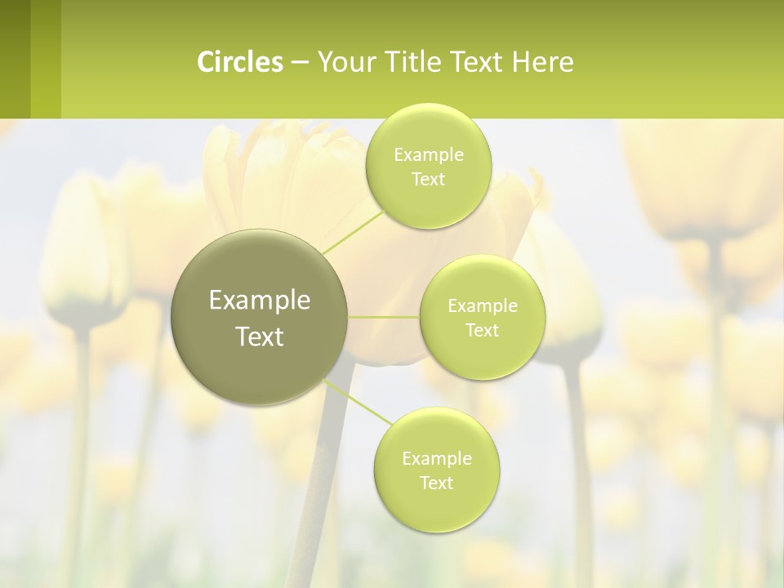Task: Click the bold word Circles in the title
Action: [x=240, y=62]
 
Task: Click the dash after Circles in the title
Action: [x=300, y=63]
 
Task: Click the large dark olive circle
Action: [x=260, y=317]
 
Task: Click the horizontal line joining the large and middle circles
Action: [x=384, y=317]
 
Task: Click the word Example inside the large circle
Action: [x=260, y=301]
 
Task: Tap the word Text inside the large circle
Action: [x=260, y=336]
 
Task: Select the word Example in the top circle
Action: [x=428, y=155]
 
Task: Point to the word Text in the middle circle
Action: [x=482, y=331]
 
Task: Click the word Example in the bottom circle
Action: [x=436, y=459]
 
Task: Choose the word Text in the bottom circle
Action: [x=436, y=483]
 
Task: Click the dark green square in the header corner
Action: [x=15, y=59]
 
